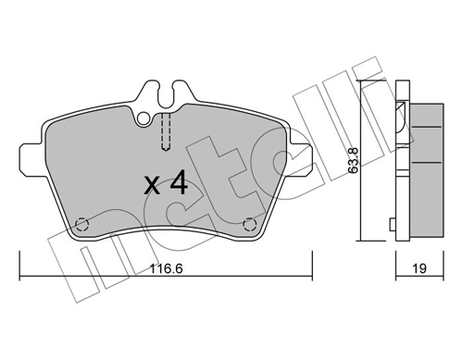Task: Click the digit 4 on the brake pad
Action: pyautogui.click(x=178, y=182)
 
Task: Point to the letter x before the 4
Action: pyautogui.click(x=150, y=184)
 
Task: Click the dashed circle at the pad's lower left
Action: pyautogui.click(x=82, y=224)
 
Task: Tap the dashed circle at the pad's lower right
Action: pyautogui.click(x=248, y=224)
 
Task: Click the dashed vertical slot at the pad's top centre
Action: pyautogui.click(x=165, y=131)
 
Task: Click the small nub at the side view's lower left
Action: pyautogui.click(x=394, y=224)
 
